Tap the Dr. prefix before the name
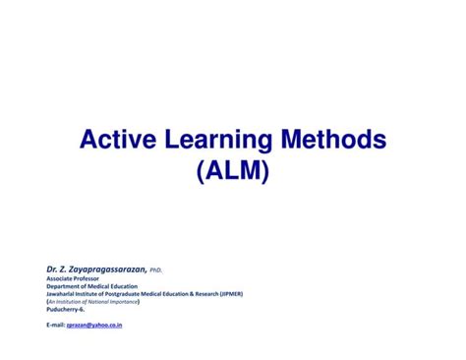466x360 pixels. pos(51,268)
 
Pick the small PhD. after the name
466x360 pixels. pos(156,269)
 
